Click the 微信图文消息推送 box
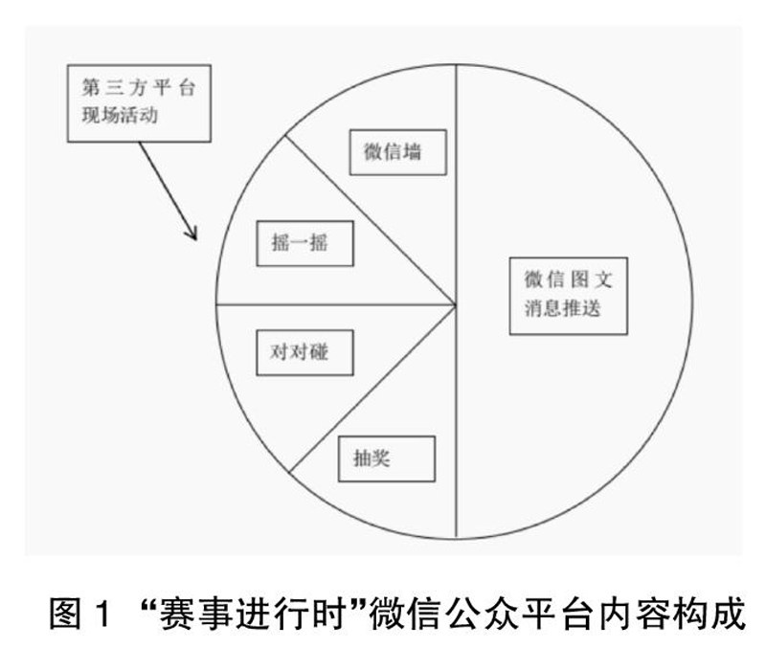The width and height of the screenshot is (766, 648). click(x=569, y=295)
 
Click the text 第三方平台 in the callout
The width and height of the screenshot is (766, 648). click(x=135, y=89)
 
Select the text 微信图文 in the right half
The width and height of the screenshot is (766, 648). click(x=569, y=280)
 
